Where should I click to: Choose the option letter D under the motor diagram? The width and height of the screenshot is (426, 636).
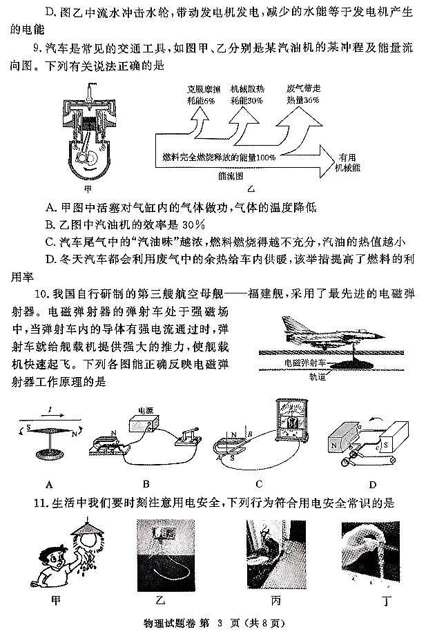(372, 483)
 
